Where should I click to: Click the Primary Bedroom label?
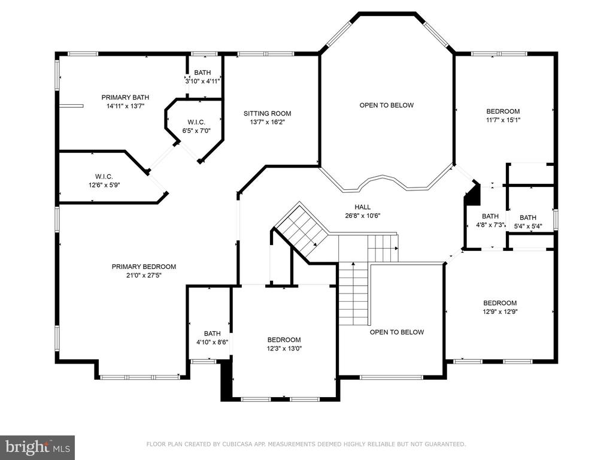coord(144,267)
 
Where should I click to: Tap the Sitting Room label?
coord(268,113)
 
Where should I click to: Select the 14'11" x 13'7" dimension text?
coord(126,106)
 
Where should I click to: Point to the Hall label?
coord(362,207)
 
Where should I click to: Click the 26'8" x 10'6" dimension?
coord(362,216)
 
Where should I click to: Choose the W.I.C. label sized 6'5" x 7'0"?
coord(196,122)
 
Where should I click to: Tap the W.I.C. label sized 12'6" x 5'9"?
coord(104,177)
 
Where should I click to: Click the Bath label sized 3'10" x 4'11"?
coord(202,72)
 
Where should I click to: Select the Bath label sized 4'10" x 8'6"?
coord(213,334)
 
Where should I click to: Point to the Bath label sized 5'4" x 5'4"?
coord(528,217)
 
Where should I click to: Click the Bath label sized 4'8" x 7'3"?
coord(490,216)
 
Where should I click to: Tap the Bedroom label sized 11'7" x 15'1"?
coord(503,111)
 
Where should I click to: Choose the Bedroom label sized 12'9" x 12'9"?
coord(500,303)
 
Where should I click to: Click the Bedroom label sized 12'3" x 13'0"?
coord(284,340)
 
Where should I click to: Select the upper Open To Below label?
coord(387,105)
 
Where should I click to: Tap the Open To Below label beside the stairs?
coord(397,332)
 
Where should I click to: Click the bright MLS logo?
coord(38,447)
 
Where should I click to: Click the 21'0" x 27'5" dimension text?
coord(144,276)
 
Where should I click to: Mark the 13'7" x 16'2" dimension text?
coord(268,122)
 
